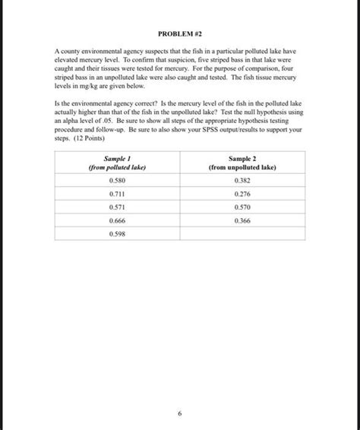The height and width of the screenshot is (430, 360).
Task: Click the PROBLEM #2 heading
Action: coord(180,33)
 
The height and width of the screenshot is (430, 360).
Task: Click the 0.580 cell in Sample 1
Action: coord(117,181)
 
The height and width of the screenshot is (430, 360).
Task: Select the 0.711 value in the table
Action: coord(117,194)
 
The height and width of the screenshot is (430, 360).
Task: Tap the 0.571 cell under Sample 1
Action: coord(117,207)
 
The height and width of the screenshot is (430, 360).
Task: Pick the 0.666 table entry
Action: coord(117,220)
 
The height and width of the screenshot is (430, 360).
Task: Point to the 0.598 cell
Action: coord(117,233)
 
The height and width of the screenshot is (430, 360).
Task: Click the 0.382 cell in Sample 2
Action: coord(242,181)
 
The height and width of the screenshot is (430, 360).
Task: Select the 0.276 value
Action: coord(242,194)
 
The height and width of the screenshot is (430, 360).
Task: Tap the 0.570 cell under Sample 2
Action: coord(242,207)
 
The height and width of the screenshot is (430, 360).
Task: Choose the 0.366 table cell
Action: coord(242,220)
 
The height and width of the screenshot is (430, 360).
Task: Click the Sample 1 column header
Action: coord(117,157)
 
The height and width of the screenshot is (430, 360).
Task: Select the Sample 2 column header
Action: coord(242,157)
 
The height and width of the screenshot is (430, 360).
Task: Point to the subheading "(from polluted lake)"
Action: coord(117,166)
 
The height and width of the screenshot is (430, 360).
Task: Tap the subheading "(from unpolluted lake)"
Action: coord(242,166)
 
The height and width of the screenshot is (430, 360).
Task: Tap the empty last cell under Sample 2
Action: coord(242,233)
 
